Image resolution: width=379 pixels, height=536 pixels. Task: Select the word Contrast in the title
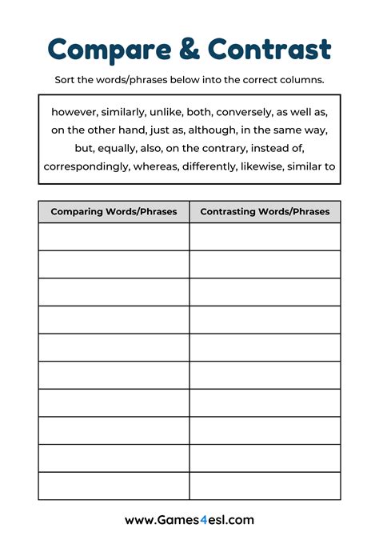click(x=269, y=50)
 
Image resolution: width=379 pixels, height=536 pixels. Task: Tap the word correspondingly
click(x=86, y=166)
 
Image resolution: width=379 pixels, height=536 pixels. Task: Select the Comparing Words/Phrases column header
click(x=114, y=212)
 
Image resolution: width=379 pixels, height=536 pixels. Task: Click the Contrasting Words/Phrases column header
click(x=265, y=212)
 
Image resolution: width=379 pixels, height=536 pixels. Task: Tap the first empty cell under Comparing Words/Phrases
click(x=114, y=237)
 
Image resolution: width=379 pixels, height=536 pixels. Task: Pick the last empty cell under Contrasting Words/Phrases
click(x=265, y=486)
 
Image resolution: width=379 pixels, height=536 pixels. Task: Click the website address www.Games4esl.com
click(x=189, y=519)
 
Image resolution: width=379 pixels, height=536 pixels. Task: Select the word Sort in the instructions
click(x=65, y=80)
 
